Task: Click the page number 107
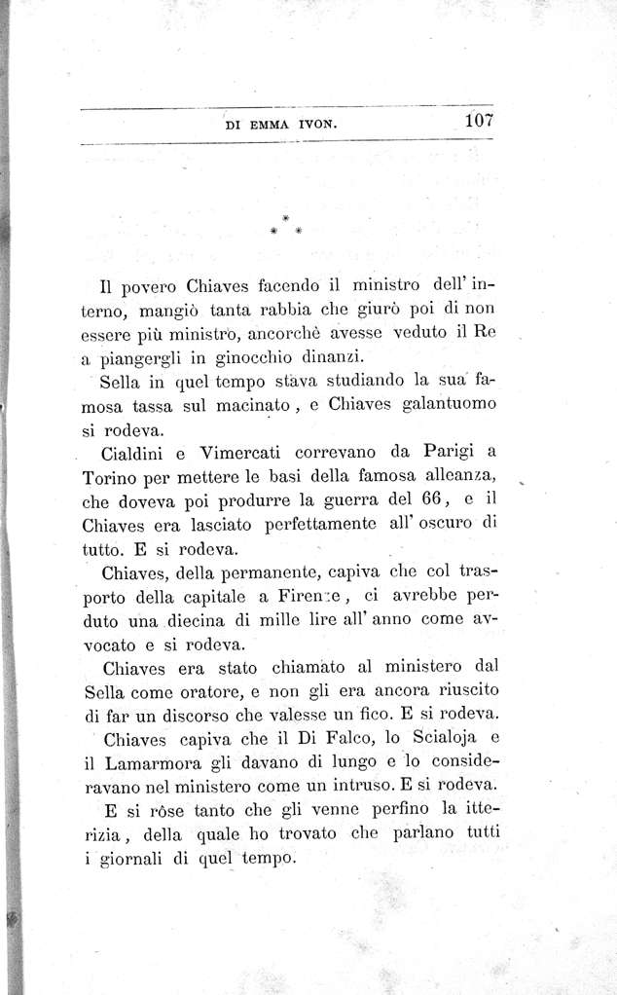(480, 121)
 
